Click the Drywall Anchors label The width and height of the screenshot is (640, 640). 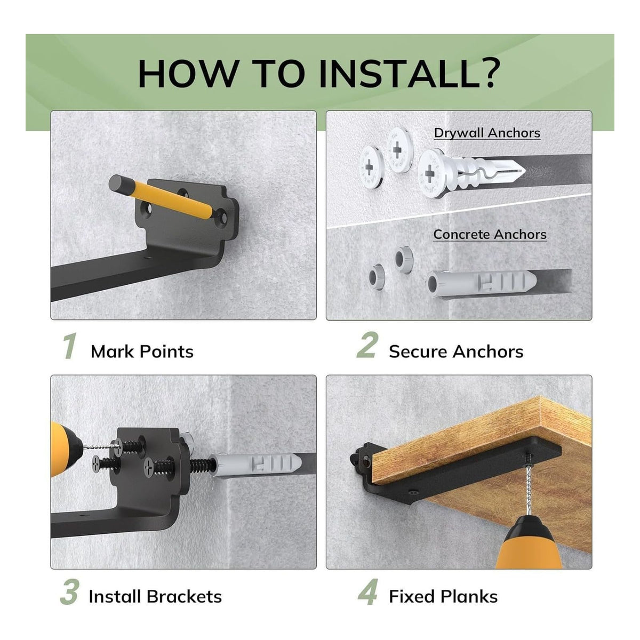(487, 133)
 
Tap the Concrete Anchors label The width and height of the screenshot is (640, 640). (490, 235)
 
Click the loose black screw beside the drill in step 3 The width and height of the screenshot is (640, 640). (106, 463)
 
